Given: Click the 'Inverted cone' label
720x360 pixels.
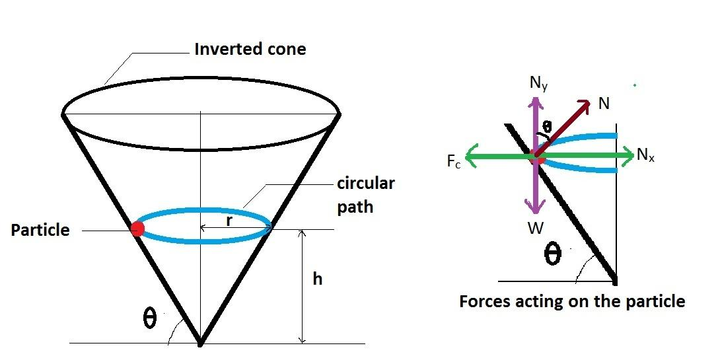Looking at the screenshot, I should [250, 50].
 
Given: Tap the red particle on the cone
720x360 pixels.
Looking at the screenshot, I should [137, 229].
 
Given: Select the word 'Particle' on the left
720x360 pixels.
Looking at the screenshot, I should [40, 230].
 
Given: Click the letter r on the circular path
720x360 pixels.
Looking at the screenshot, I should [229, 221].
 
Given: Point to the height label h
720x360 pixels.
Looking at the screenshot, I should [318, 279].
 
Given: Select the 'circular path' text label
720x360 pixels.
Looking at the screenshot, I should [365, 194].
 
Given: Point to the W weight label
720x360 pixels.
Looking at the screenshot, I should [536, 229].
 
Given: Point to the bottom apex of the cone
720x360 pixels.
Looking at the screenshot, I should [200, 343].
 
